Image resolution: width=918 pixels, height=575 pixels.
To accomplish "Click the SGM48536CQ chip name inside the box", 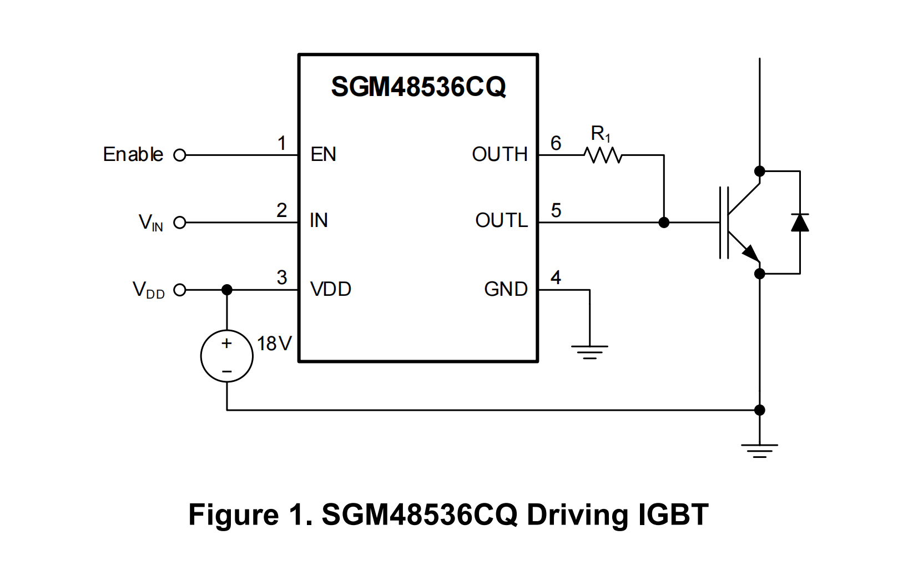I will (x=418, y=87).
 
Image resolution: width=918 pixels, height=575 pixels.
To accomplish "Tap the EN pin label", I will (x=323, y=154).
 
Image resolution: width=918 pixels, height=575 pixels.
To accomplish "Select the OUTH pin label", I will (x=500, y=154).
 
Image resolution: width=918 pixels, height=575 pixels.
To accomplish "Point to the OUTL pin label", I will (x=501, y=221).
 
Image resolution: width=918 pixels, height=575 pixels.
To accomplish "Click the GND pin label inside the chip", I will (x=506, y=289).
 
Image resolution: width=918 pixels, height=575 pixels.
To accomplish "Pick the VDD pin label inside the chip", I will (x=331, y=289).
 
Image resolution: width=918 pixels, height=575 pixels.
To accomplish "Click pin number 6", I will (x=556, y=143).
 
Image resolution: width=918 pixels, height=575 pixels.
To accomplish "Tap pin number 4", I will (x=556, y=278).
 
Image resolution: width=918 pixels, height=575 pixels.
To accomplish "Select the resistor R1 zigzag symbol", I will (x=603, y=155).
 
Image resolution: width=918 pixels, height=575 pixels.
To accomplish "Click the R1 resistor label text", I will (x=601, y=134).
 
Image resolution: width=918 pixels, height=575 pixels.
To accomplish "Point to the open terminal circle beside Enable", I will (x=180, y=155).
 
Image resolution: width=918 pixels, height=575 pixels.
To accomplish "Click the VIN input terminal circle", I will (x=180, y=223).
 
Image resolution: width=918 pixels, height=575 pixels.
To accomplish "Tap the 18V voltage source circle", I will (x=227, y=356).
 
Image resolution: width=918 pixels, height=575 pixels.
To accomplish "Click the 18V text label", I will (x=274, y=344).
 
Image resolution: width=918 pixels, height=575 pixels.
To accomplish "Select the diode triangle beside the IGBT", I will (x=800, y=223).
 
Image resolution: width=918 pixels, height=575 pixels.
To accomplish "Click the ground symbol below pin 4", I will (x=589, y=351).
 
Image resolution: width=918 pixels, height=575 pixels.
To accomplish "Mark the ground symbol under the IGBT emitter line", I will (x=760, y=450).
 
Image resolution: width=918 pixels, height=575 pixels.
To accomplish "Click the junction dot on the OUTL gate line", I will (x=664, y=223).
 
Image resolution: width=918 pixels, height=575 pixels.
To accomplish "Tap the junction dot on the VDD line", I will (x=227, y=290).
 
